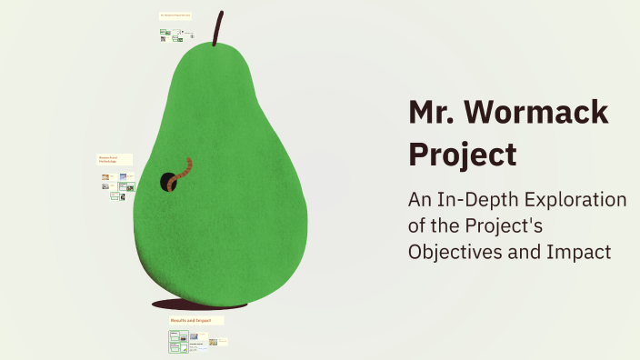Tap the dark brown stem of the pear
pos(217,29)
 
